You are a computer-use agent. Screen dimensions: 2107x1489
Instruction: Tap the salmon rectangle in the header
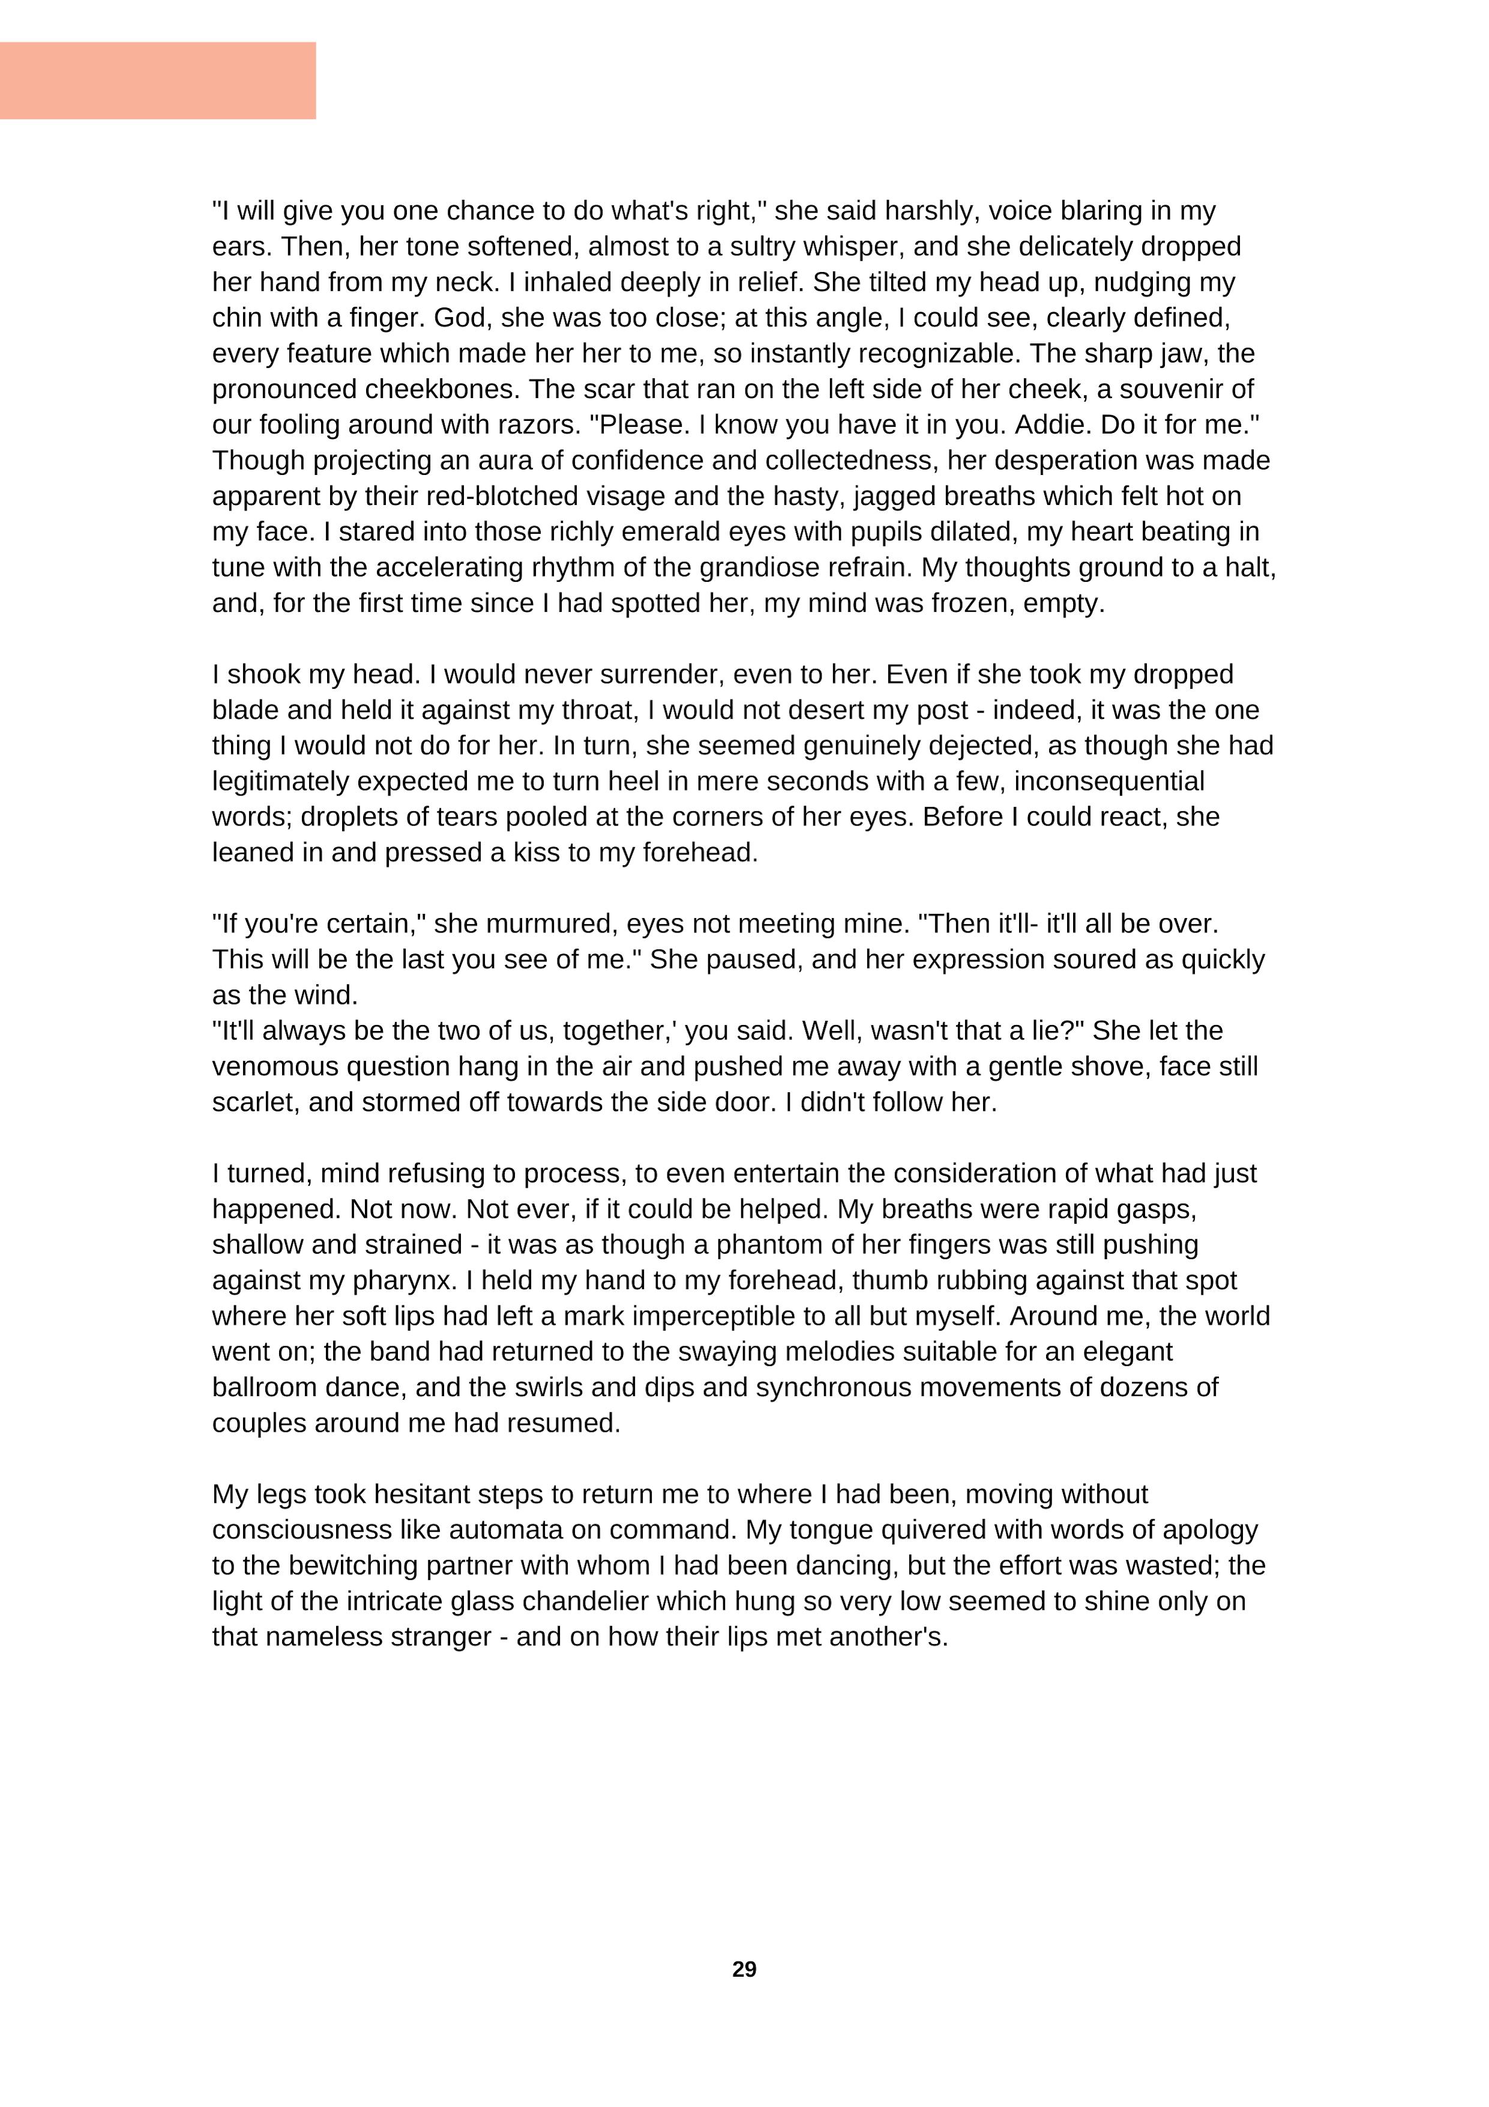(x=158, y=80)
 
